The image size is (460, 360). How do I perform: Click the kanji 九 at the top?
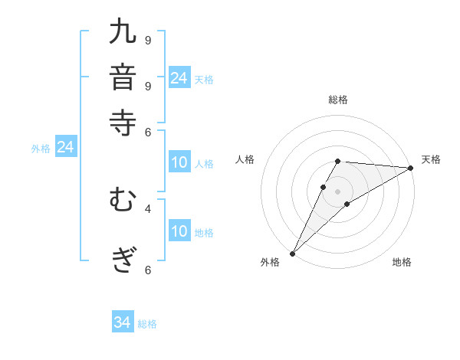point(123,34)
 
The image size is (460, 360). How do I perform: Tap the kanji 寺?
point(123,122)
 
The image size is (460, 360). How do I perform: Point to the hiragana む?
point(123,201)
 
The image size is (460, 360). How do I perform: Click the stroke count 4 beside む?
point(148,208)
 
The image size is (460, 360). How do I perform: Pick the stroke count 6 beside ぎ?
point(148,269)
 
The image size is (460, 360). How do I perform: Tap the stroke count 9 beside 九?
point(148,39)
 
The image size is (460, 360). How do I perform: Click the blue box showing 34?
point(123,322)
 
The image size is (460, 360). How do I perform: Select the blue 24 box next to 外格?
point(65,147)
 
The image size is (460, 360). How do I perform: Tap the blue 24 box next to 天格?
point(179,77)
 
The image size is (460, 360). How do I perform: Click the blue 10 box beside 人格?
point(179,162)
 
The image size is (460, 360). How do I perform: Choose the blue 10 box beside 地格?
point(179,231)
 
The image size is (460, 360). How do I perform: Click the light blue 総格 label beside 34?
point(147,324)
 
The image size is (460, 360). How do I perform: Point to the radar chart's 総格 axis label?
point(337,100)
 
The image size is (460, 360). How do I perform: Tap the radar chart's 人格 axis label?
point(245,159)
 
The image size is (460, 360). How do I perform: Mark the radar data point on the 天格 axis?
point(411,168)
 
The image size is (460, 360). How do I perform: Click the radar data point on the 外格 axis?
point(292,254)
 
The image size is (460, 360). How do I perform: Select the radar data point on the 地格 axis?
point(347,204)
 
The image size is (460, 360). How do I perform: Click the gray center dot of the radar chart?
point(337,191)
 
